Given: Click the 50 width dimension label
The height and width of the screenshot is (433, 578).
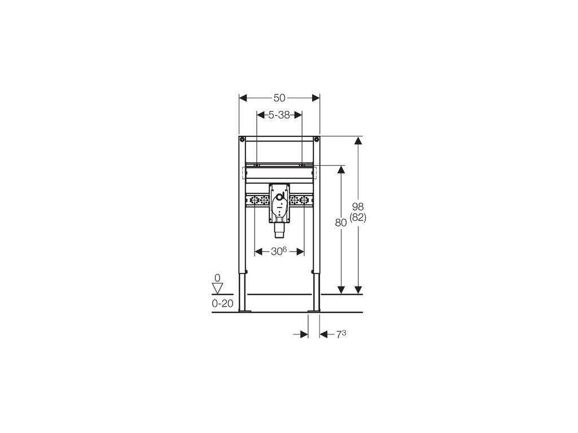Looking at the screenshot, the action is pyautogui.click(x=279, y=98).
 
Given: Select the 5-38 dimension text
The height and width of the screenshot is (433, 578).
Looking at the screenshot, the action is pyautogui.click(x=279, y=115).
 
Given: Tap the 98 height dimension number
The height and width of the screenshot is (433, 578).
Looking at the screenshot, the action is pyautogui.click(x=357, y=206).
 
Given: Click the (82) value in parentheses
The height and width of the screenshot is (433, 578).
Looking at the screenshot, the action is pyautogui.click(x=357, y=218).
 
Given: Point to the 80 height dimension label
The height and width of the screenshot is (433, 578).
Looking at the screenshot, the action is pyautogui.click(x=341, y=223).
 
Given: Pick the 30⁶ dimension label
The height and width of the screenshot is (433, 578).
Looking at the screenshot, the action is pyautogui.click(x=279, y=251).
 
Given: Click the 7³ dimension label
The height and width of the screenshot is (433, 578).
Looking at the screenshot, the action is pyautogui.click(x=341, y=334).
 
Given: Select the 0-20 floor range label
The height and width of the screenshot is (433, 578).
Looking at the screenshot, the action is pyautogui.click(x=222, y=303).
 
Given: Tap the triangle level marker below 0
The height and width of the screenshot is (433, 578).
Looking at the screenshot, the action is pyautogui.click(x=217, y=288).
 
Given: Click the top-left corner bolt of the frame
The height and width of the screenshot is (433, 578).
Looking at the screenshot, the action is pyautogui.click(x=242, y=140).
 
